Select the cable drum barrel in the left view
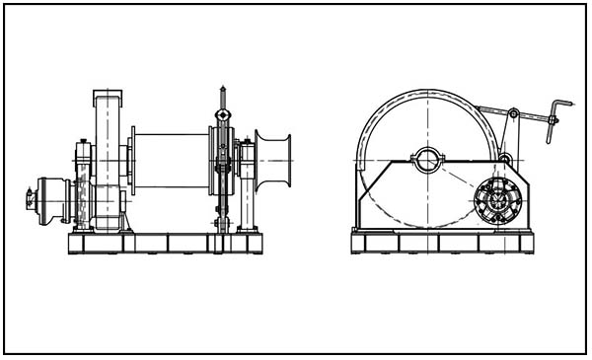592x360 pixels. pyautogui.click(x=170, y=161)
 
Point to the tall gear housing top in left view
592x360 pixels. pyautogui.click(x=107, y=98)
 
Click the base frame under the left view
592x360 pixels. pyautogui.click(x=165, y=243)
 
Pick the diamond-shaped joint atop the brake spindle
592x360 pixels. pyautogui.click(x=224, y=115)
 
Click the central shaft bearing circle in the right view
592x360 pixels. pyautogui.click(x=428, y=160)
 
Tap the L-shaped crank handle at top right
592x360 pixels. pyautogui.click(x=561, y=108)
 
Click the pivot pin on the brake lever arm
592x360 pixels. pyautogui.click(x=514, y=114)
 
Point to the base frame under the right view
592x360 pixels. pyautogui.click(x=441, y=243)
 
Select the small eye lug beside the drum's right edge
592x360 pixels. pyautogui.click(x=504, y=158)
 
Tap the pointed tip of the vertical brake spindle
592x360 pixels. pyautogui.click(x=224, y=92)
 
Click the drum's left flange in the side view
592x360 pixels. pyautogui.click(x=132, y=161)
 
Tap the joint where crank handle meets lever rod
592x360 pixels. pyautogui.click(x=553, y=120)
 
